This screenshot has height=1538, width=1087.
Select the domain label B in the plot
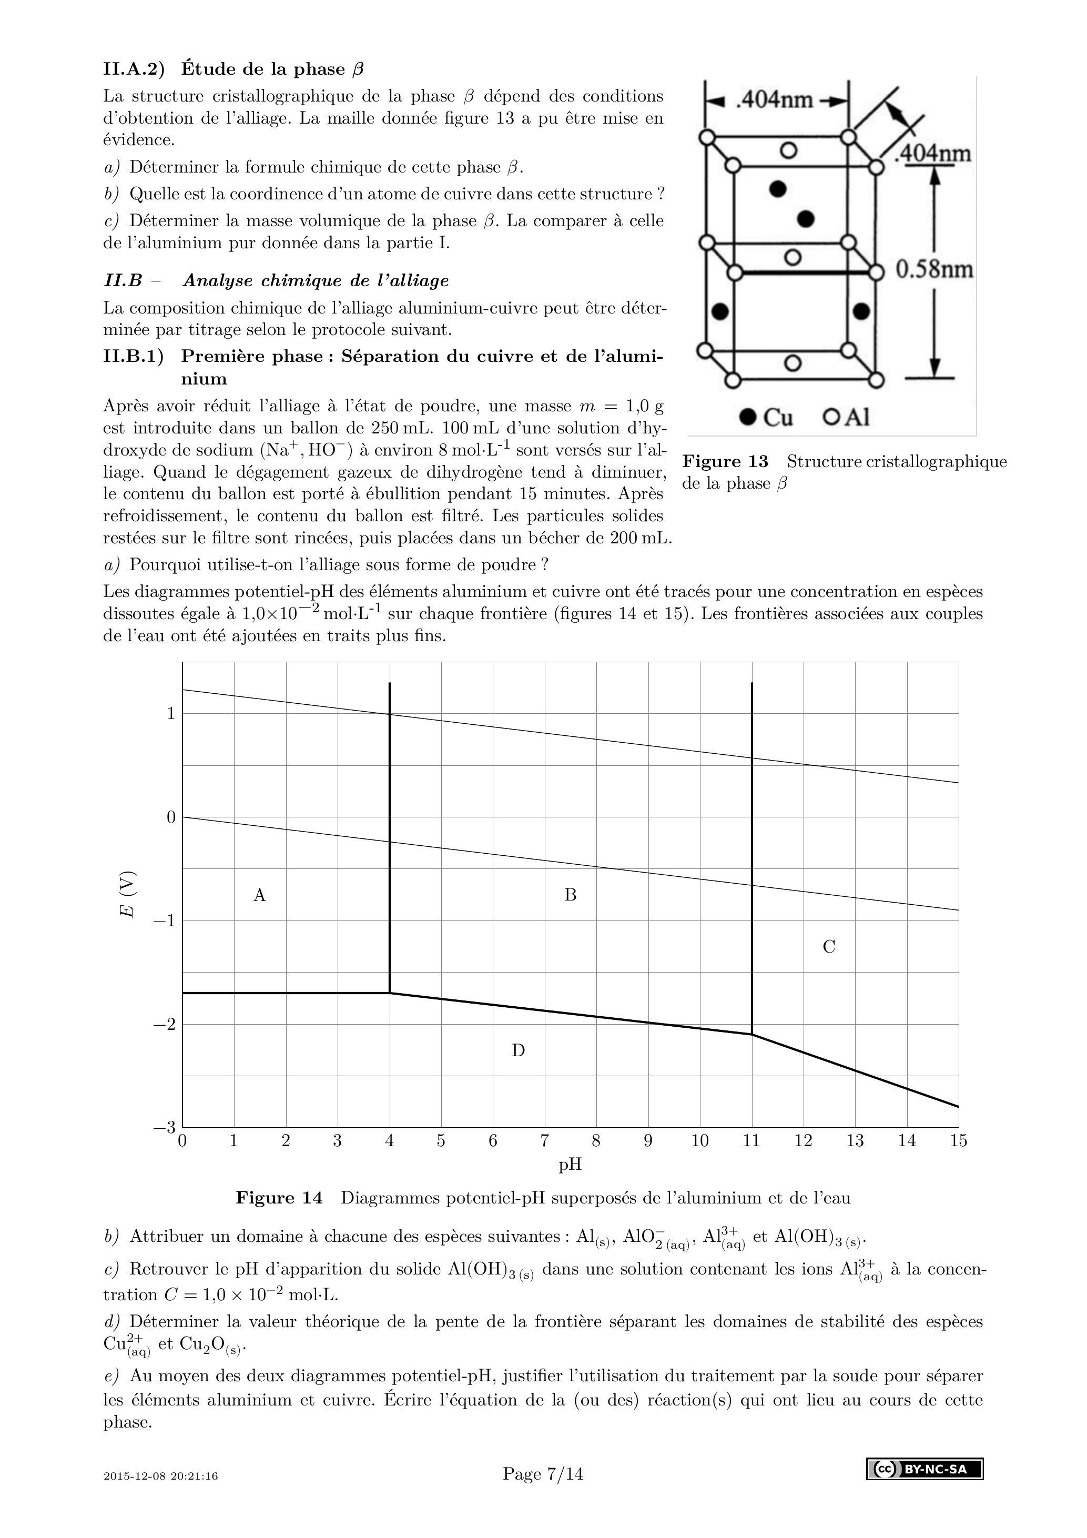(x=571, y=895)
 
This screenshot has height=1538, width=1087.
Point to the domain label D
(x=519, y=1050)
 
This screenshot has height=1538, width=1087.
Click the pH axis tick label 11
(x=751, y=1141)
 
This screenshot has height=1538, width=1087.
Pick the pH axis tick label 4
(x=389, y=1141)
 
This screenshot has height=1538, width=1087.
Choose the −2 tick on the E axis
(x=164, y=1025)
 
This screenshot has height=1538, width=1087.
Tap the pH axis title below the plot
(x=570, y=1165)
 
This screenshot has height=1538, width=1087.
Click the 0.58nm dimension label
(x=934, y=269)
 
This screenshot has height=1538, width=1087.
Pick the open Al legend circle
(x=831, y=417)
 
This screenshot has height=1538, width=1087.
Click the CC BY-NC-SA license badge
(x=925, y=1469)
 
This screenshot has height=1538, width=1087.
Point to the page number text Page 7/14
(x=543, y=1474)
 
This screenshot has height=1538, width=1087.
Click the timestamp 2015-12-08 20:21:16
(x=161, y=1476)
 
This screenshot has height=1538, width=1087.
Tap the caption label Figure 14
(x=279, y=1198)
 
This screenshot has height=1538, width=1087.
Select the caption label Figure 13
(x=725, y=461)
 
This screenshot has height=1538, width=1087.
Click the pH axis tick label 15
(x=958, y=1141)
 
